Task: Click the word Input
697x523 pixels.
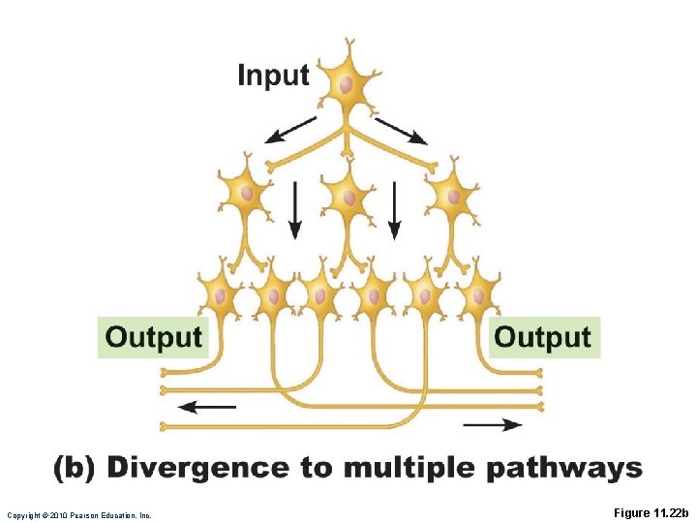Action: pyautogui.click(x=273, y=76)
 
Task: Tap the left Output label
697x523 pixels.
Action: pyautogui.click(x=153, y=337)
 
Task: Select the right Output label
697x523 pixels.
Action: pyautogui.click(x=542, y=337)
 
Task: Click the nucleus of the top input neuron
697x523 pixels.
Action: pyautogui.click(x=346, y=84)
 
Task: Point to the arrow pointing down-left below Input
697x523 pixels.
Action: pyautogui.click(x=291, y=130)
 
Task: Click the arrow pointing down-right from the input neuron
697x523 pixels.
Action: pyautogui.click(x=401, y=131)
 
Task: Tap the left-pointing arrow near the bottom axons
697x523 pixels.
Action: pyautogui.click(x=207, y=407)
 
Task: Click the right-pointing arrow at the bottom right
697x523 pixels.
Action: pyautogui.click(x=493, y=424)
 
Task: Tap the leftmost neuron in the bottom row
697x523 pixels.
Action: pyautogui.click(x=222, y=294)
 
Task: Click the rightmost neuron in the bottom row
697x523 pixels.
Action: pyautogui.click(x=476, y=293)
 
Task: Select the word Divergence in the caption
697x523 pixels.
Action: pyautogui.click(x=198, y=469)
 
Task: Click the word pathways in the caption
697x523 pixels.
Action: pyautogui.click(x=563, y=470)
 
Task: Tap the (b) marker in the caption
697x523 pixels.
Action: pyautogui.click(x=74, y=469)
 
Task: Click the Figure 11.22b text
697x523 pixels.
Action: pyautogui.click(x=651, y=512)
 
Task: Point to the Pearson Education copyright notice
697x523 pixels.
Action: pyautogui.click(x=78, y=515)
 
